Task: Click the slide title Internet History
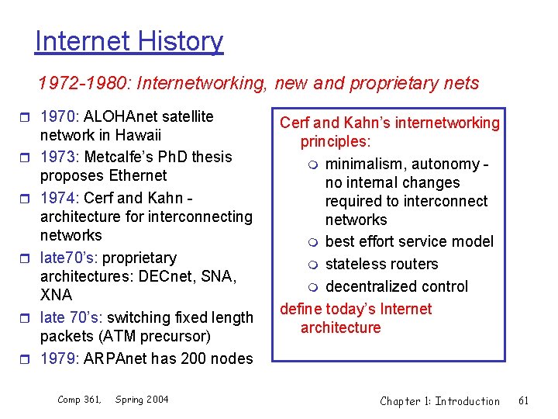pos(129,41)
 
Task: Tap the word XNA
pos(56,295)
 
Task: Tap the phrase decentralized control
pos(396,286)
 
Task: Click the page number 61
pos(523,400)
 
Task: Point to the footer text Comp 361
pos(79,400)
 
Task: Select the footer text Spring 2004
pos(142,400)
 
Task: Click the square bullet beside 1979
pos(29,359)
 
